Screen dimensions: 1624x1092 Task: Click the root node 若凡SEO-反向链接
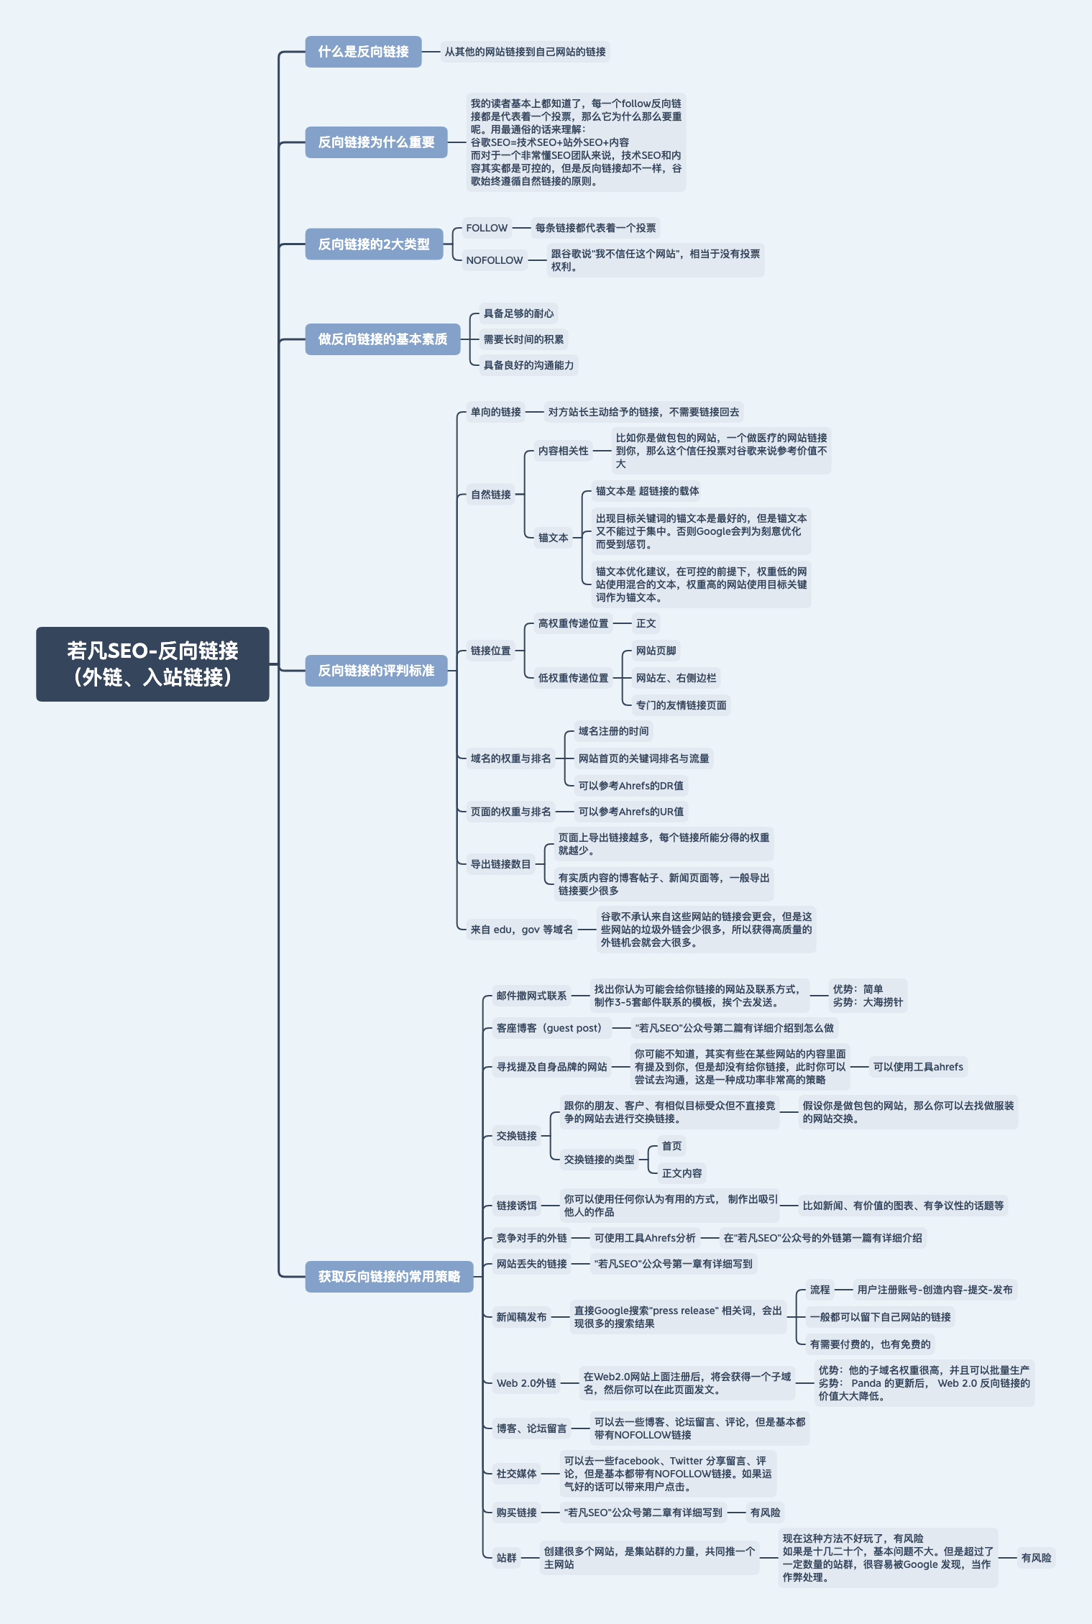[152, 664]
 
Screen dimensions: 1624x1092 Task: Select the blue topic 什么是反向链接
[363, 52]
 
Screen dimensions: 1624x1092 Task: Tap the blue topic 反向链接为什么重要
[376, 142]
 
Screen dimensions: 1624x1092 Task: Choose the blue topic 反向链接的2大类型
[374, 244]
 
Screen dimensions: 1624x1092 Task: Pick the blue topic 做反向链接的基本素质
[382, 339]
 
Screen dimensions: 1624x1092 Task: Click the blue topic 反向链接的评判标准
[376, 671]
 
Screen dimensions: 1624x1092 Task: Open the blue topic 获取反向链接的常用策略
[389, 1277]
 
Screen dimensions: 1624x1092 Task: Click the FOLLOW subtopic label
[487, 228]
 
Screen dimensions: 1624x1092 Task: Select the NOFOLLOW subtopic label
[495, 260]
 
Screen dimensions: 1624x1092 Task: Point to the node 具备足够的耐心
[518, 313]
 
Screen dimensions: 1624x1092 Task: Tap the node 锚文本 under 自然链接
[553, 538]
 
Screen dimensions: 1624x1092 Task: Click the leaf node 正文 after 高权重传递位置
[646, 623]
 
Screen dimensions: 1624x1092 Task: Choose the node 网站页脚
[656, 651]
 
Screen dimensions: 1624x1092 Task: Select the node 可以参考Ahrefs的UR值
[631, 812]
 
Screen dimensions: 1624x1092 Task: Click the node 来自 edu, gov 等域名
[521, 930]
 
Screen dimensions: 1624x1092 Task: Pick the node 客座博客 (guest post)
[549, 1028]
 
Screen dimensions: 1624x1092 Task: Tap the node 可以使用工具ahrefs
[918, 1067]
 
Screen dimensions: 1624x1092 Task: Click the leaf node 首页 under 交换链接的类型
[671, 1146]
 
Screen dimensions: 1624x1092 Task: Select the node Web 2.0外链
[526, 1383]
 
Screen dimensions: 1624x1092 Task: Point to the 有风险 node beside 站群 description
[1036, 1558]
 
